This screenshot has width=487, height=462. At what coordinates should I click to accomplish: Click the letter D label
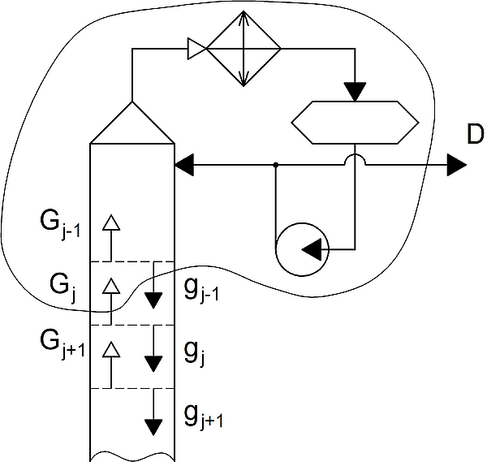click(x=475, y=134)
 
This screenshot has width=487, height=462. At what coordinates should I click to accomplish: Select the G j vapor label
click(x=62, y=288)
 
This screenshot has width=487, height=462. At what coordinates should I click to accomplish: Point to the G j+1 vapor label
click(x=62, y=344)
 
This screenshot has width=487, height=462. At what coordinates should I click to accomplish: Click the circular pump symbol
click(x=302, y=249)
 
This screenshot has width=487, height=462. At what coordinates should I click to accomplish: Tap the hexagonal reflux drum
click(x=355, y=123)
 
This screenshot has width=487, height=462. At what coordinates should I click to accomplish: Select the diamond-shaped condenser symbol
click(x=243, y=49)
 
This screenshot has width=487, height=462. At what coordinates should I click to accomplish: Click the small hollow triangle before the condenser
click(x=197, y=49)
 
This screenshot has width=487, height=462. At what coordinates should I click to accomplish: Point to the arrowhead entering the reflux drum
click(x=355, y=92)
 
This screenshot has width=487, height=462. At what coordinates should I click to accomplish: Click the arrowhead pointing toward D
click(x=456, y=165)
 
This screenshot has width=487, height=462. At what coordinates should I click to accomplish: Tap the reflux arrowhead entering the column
click(x=185, y=165)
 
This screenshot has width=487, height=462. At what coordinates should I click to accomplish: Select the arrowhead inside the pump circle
click(x=312, y=249)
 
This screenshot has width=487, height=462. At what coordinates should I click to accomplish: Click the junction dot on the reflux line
click(x=275, y=165)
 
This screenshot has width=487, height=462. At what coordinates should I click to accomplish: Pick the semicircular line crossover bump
click(x=355, y=155)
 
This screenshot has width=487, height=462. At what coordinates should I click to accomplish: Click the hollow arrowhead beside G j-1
click(x=111, y=222)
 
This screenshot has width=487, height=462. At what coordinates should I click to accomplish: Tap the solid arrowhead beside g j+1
click(x=153, y=428)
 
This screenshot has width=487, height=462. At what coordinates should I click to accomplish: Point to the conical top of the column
click(x=132, y=123)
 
